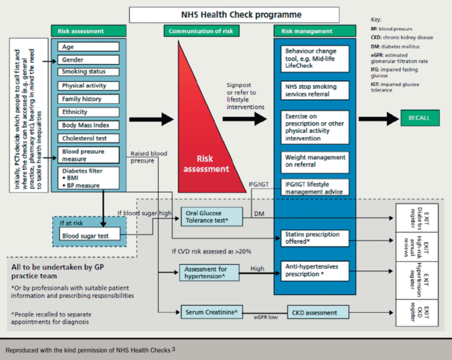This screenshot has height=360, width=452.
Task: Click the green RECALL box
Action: click(x=418, y=117)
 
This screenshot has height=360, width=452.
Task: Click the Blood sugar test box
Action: click(x=90, y=236)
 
